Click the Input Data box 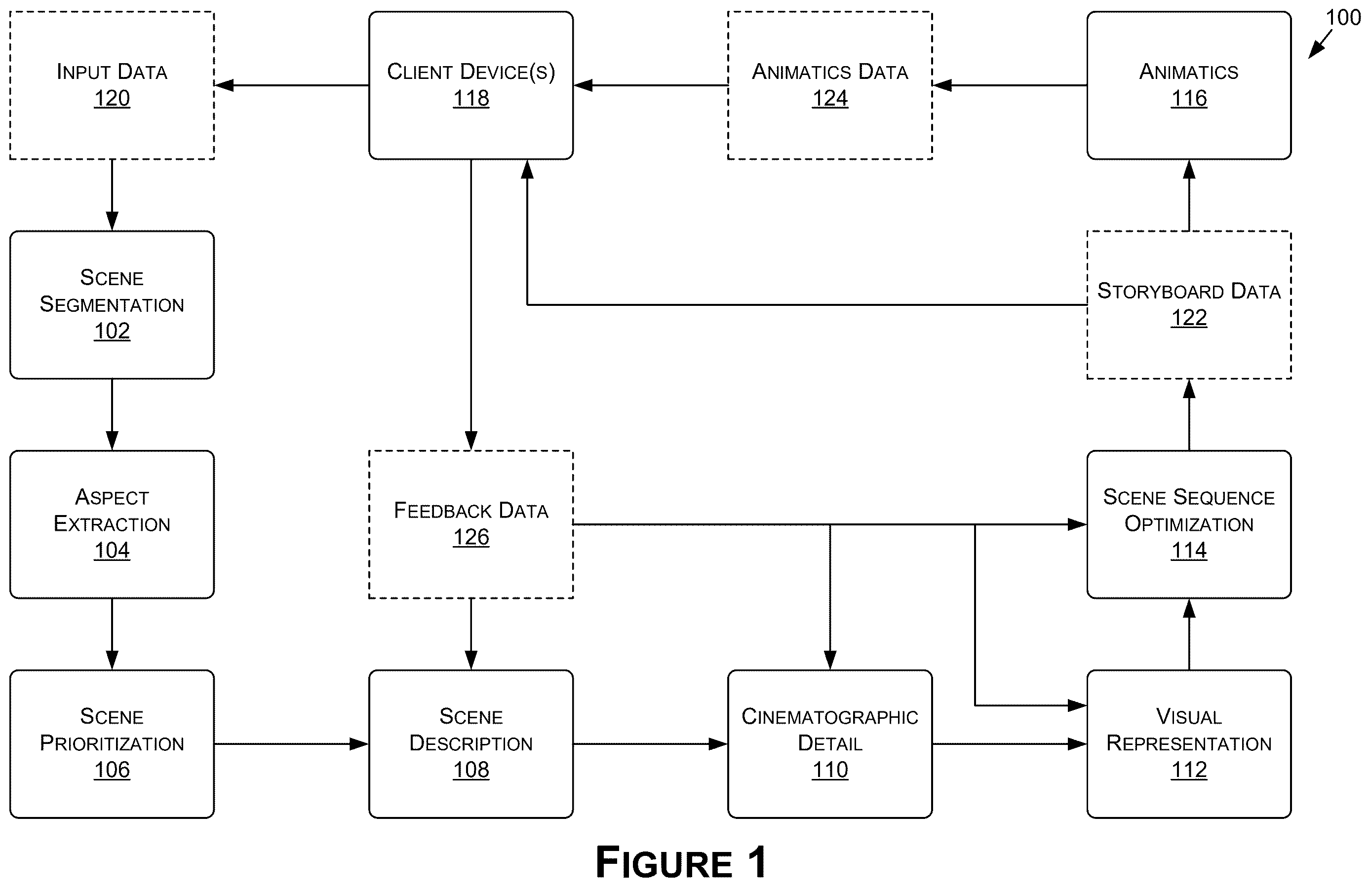click(x=112, y=85)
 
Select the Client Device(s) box click(x=471, y=85)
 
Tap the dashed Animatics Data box click(x=829, y=85)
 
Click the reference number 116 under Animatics click(x=1189, y=98)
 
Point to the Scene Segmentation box click(x=112, y=305)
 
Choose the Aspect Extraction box click(x=112, y=524)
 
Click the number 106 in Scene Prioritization click(x=112, y=770)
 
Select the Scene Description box click(x=471, y=744)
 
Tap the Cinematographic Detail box click(x=829, y=744)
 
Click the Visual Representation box click(x=1189, y=744)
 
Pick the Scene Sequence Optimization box click(x=1189, y=524)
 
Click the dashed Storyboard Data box click(x=1189, y=305)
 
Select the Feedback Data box click(x=471, y=524)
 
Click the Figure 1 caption click(x=681, y=862)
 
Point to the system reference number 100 click(x=1343, y=17)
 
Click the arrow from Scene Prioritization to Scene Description click(x=291, y=744)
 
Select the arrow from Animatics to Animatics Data click(x=1010, y=85)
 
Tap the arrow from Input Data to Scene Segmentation click(x=112, y=195)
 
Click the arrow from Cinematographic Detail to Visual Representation click(x=1010, y=744)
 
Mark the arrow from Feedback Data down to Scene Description click(x=471, y=634)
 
